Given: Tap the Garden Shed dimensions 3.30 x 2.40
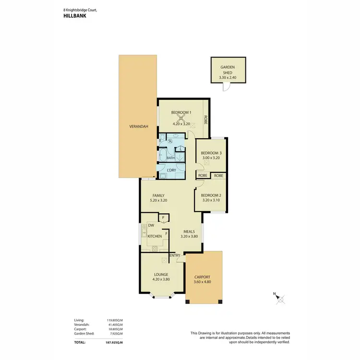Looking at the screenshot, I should [x=228, y=78].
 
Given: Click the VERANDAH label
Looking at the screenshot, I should [x=139, y=127].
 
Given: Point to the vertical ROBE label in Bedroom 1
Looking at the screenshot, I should [x=205, y=120].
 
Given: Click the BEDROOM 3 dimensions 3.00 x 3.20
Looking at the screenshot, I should [x=211, y=157].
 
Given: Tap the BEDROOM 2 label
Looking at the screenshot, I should [x=210, y=194].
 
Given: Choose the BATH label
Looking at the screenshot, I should [x=170, y=158].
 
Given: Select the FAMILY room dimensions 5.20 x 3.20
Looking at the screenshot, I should [x=158, y=200].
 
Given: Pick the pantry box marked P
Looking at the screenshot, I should [x=164, y=218].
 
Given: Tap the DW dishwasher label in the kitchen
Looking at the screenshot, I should [x=151, y=225].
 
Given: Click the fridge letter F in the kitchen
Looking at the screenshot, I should [x=167, y=234].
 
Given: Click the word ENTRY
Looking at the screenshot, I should [x=175, y=255].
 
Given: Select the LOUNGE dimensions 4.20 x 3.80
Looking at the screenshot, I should [x=161, y=279].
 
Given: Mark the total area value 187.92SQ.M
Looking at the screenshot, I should [x=114, y=343].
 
